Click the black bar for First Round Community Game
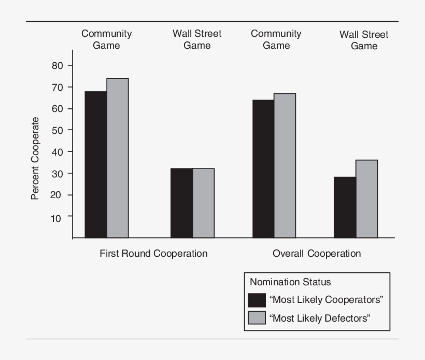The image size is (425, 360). click(96, 164)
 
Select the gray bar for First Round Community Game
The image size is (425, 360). click(118, 158)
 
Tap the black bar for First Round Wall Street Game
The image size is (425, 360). click(181, 203)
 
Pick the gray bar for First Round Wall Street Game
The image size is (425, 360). click(203, 203)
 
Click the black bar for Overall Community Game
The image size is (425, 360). click(263, 169)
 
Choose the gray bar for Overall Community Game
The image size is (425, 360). click(285, 165)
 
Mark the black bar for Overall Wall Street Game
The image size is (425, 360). click(345, 207)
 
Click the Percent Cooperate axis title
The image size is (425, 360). click(35, 158)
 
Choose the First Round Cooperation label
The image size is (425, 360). click(153, 254)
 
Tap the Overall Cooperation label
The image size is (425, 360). click(317, 254)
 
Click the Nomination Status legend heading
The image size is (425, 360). click(290, 282)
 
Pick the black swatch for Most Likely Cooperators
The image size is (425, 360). click(257, 300)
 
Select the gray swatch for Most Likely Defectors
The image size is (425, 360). click(257, 318)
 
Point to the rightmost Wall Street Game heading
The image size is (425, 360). click(364, 40)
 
